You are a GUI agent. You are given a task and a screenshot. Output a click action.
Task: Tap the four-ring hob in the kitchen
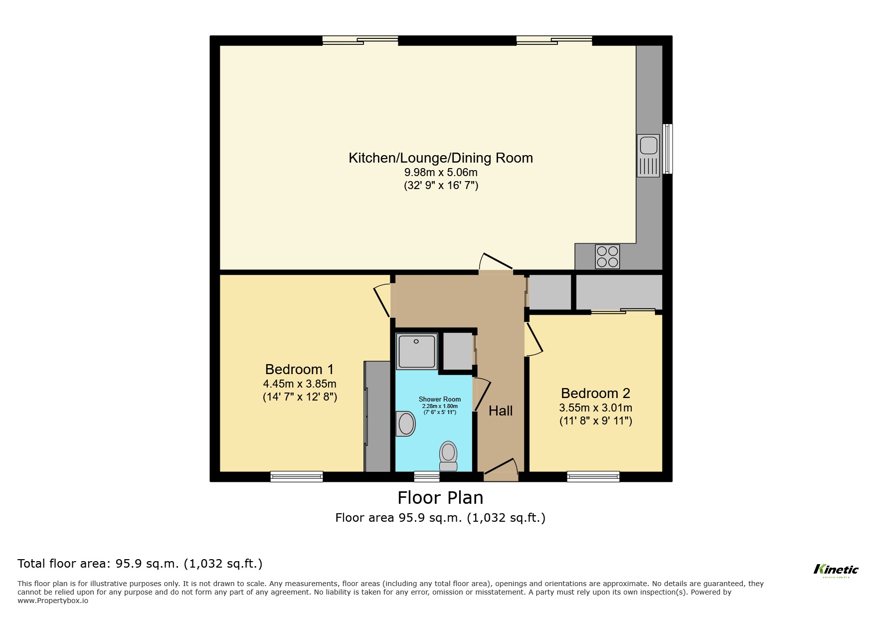point(607,256)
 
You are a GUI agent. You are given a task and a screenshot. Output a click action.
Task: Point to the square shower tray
point(417,351)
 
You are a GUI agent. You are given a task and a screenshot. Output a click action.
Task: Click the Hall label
point(501,411)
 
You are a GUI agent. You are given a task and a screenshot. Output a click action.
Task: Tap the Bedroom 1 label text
point(299,370)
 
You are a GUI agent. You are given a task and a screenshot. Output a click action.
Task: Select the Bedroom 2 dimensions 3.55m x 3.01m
point(595,408)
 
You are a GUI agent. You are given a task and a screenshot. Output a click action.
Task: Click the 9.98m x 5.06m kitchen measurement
point(441,173)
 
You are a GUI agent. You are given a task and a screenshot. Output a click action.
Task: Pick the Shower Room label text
point(439,399)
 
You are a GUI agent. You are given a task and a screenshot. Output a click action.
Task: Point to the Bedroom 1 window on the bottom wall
point(297,477)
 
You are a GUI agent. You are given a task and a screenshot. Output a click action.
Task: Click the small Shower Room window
point(427,477)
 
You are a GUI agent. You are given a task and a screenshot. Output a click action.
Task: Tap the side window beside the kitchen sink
point(667,149)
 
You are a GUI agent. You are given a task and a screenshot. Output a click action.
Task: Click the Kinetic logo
point(836,570)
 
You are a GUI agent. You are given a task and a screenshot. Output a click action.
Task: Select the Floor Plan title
point(440,498)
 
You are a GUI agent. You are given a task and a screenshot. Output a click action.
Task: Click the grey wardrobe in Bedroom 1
point(377,416)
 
